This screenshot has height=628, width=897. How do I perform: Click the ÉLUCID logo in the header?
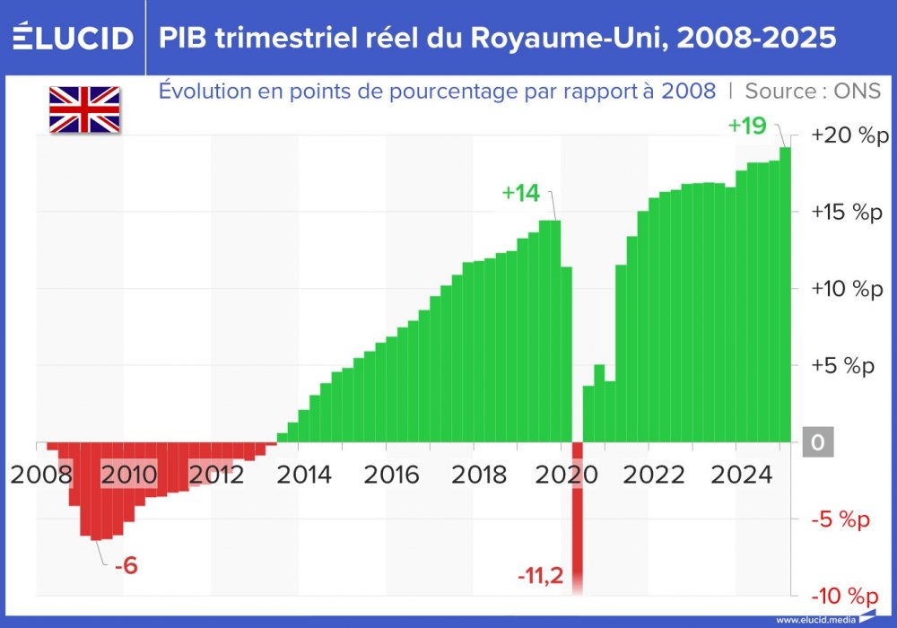coord(74,38)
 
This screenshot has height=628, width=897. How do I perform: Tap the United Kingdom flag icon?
coord(84,109)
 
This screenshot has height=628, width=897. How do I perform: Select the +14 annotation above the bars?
coord(520,193)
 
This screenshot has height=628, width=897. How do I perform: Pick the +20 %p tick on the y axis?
coord(847,135)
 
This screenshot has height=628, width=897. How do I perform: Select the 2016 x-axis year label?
coord(390,474)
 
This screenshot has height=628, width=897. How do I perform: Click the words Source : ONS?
coord(813,91)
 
